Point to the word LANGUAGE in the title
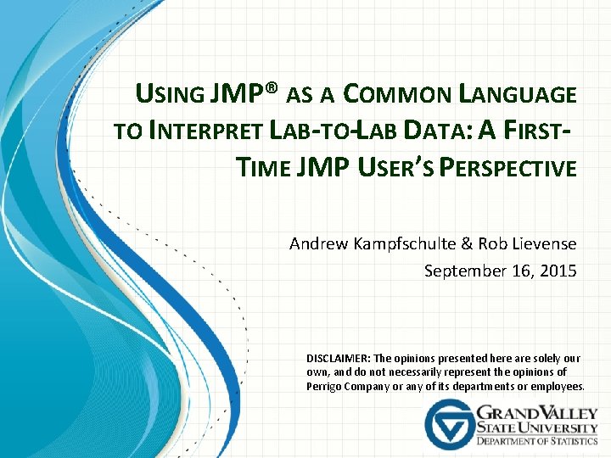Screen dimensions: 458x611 pyautogui.click(x=520, y=94)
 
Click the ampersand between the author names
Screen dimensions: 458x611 pyautogui.click(x=467, y=244)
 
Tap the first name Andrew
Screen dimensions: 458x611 pyautogui.click(x=317, y=244)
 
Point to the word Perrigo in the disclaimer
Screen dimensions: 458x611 pyautogui.click(x=325, y=387)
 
